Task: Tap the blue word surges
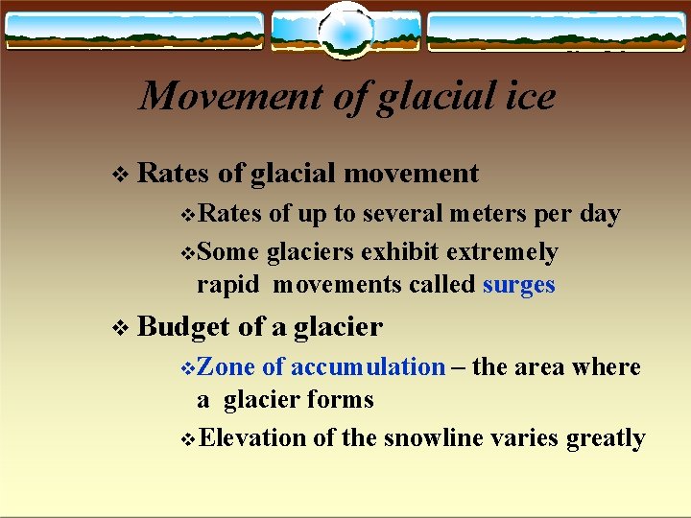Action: point(519,285)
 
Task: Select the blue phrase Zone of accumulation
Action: point(323,367)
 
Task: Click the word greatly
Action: point(606,438)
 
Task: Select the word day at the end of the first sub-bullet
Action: point(601,214)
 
